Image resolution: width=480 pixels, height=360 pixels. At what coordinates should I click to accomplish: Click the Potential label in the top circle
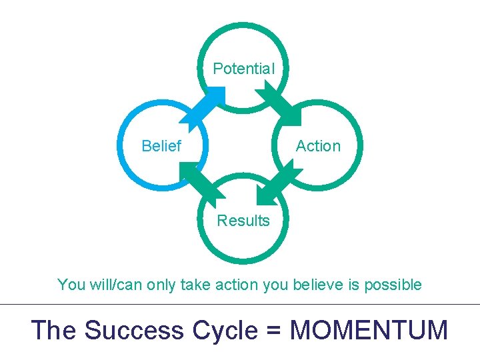[243, 69]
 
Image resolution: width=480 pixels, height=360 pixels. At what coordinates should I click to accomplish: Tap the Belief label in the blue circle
[161, 146]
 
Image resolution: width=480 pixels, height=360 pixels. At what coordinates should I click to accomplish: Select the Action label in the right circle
[318, 146]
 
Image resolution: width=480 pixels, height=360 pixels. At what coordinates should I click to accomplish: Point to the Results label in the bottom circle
[243, 221]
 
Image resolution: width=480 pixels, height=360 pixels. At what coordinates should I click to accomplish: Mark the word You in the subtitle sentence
[71, 285]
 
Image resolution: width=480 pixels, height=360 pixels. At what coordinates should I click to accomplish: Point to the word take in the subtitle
[193, 285]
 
